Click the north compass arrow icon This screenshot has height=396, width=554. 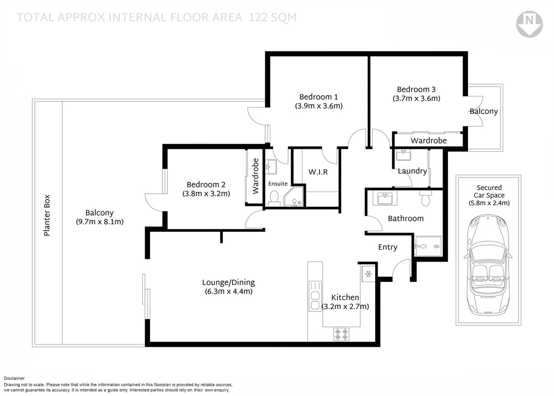pos(529,25)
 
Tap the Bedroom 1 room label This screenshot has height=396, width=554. pos(319,97)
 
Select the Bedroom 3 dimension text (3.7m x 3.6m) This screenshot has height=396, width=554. pos(416,99)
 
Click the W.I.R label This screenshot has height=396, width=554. pos(318,172)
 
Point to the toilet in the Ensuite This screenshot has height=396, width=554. pos(273,198)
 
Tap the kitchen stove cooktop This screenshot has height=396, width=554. pos(341,334)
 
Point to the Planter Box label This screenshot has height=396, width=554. pos(47,215)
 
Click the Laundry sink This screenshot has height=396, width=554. pos(403,155)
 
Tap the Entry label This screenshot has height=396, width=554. pos(388,247)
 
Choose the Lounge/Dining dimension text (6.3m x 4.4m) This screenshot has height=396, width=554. pos(228,292)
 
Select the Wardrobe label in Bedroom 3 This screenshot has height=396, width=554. pos(429,141)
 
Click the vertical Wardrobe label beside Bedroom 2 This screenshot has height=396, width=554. pos(256,176)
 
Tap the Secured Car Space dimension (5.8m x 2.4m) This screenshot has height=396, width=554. pos(489,203)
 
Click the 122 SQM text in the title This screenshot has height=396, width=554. pos(272,17)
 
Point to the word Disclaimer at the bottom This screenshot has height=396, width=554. pos(15,378)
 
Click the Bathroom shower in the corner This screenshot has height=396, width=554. pos(428,246)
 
